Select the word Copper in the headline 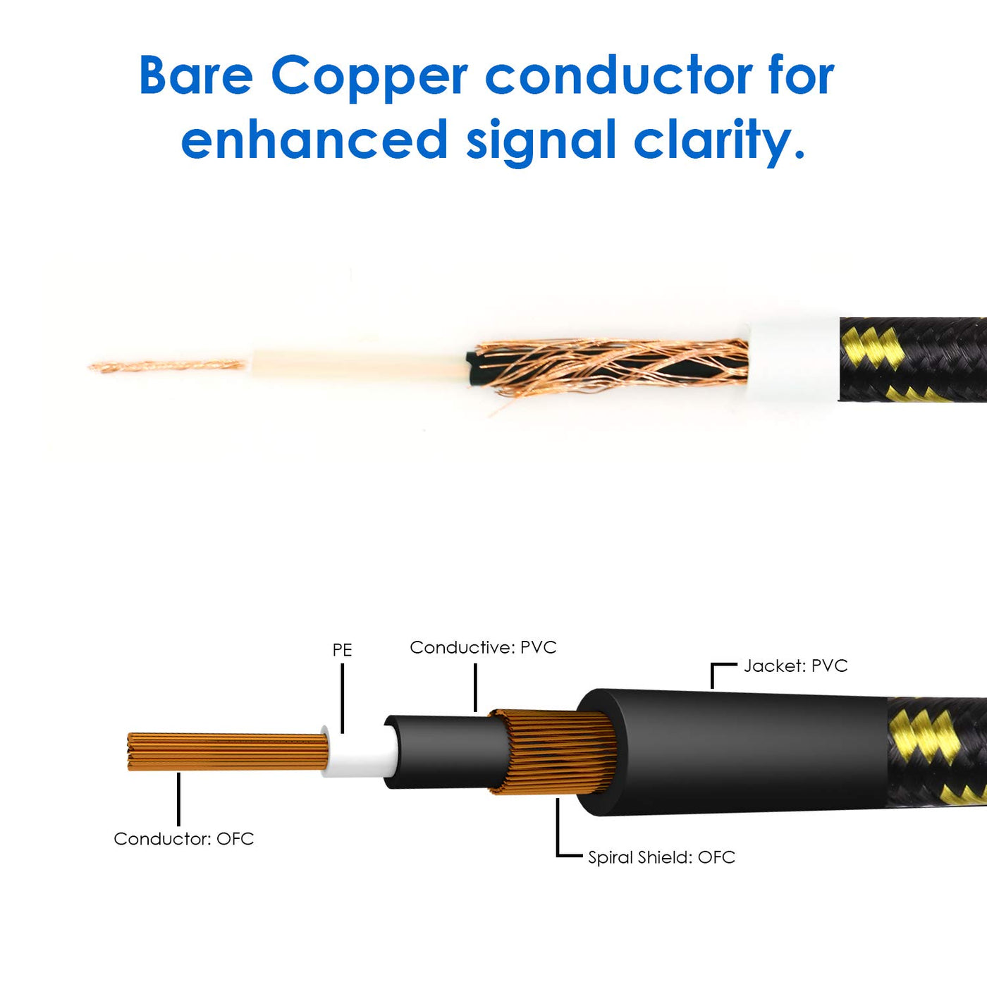368,76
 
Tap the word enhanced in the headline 314,140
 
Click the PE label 342,649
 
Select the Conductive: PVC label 483,647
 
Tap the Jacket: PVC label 795,666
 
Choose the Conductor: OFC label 183,838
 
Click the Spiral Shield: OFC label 661,857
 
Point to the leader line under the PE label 342,698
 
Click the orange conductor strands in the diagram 226,752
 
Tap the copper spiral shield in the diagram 557,753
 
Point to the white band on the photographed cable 793,360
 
